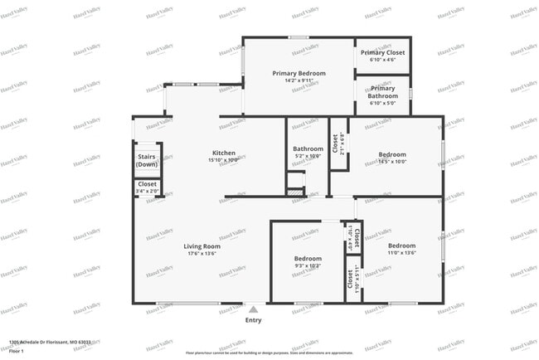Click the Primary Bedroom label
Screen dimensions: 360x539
click(299, 73)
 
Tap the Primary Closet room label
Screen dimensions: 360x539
click(383, 52)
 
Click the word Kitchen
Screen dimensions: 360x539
click(224, 153)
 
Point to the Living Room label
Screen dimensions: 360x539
click(202, 246)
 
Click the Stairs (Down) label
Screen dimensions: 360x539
click(148, 160)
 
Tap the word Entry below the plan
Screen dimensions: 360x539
click(253, 320)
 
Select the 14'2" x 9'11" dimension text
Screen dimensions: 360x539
click(299, 80)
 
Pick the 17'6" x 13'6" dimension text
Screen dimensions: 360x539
click(202, 254)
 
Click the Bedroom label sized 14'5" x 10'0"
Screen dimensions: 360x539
click(392, 154)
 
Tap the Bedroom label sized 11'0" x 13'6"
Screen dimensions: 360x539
click(402, 246)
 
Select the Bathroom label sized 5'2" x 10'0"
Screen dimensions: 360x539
click(308, 148)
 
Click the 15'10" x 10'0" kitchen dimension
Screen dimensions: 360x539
click(224, 160)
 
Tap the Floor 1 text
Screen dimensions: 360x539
click(17, 352)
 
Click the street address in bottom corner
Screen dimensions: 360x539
click(50, 341)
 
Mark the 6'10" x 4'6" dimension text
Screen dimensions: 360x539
click(383, 60)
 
